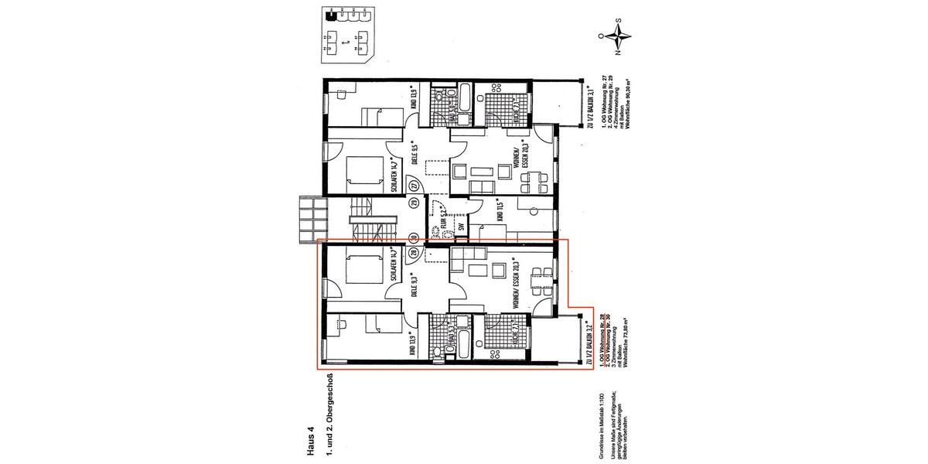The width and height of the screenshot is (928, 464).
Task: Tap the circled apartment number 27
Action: (x=414, y=186)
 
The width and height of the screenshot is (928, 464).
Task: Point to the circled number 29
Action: (x=414, y=203)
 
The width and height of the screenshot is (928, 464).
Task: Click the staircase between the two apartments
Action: (x=363, y=220)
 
